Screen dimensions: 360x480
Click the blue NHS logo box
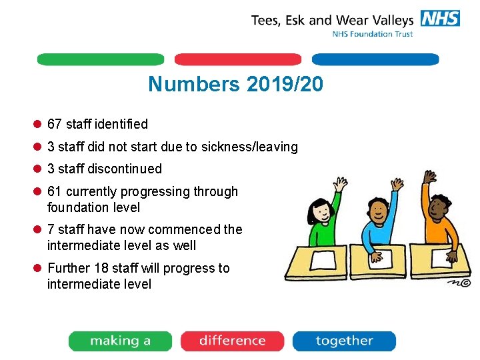pyautogui.click(x=440, y=18)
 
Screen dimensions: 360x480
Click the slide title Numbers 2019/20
pyautogui.click(x=235, y=85)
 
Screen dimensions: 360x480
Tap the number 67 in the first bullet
pyautogui.click(x=55, y=124)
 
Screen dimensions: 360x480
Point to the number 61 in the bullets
pyautogui.click(x=55, y=192)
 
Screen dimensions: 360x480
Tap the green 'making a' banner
pyautogui.click(x=120, y=341)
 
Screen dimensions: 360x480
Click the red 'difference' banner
pyautogui.click(x=232, y=341)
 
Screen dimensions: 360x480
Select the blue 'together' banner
pyautogui.click(x=344, y=341)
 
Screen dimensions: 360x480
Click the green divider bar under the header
pyautogui.click(x=100, y=59)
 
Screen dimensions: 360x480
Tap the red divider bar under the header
pyautogui.click(x=238, y=59)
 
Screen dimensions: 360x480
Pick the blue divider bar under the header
pyautogui.click(x=375, y=59)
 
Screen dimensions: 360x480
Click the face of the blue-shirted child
pyautogui.click(x=379, y=212)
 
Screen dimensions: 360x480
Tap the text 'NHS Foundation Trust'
pyautogui.click(x=373, y=34)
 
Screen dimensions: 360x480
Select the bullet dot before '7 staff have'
pyautogui.click(x=38, y=230)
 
